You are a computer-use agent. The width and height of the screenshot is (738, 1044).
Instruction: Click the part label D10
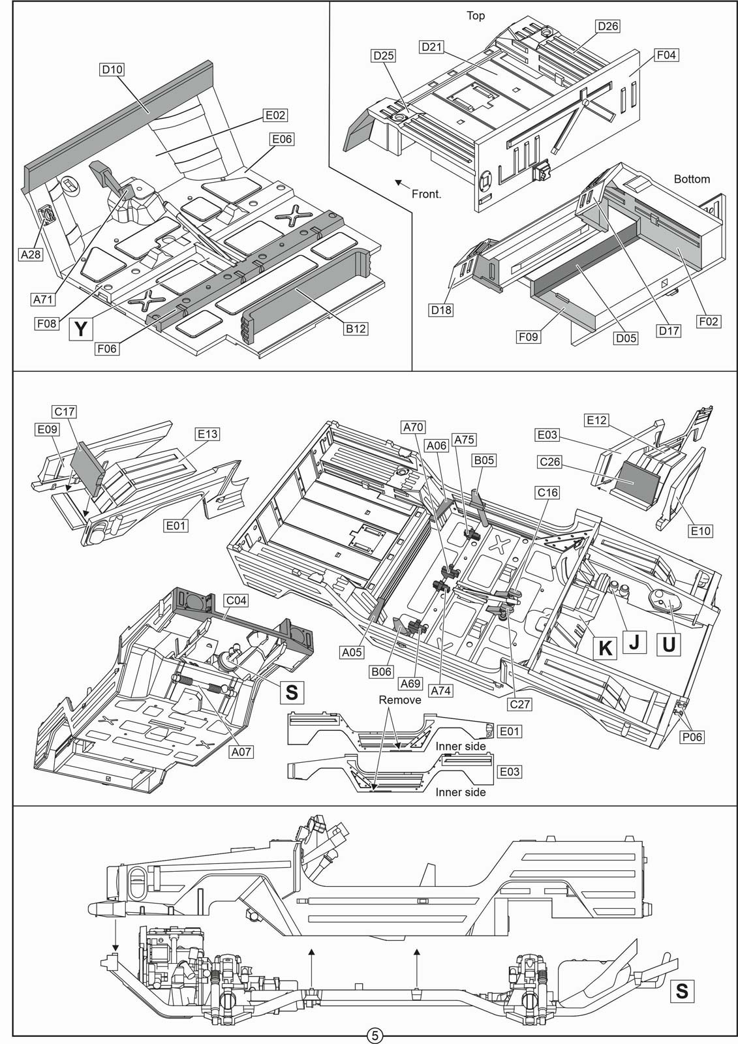point(112,69)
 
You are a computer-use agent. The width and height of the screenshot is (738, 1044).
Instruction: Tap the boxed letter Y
point(81,329)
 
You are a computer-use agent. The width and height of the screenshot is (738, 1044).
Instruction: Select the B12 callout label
point(355,329)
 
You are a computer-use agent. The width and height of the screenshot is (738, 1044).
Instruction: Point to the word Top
point(476,16)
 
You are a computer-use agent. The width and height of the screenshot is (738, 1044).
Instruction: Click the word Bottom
point(692,179)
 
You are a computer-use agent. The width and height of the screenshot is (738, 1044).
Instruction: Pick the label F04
point(666,55)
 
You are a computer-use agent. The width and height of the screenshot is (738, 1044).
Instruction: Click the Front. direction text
point(426,194)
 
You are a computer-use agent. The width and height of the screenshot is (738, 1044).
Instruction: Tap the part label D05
point(626,338)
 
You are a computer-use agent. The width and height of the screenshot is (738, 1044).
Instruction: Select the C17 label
point(65,412)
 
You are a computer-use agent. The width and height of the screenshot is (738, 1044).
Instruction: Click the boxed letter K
point(605,648)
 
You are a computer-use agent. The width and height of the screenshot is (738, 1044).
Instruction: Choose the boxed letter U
point(669,645)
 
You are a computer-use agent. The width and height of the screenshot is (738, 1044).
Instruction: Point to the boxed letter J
point(634,642)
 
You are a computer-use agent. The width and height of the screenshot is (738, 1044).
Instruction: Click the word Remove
point(399,700)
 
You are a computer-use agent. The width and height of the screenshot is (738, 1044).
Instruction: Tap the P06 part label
point(692,737)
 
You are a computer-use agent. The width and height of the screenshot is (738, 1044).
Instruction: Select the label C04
point(236,600)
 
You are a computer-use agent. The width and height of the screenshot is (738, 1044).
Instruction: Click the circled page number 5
point(375,1036)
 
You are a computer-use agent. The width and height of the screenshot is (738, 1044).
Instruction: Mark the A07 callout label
point(241,751)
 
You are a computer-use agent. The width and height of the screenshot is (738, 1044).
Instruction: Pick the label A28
point(31,254)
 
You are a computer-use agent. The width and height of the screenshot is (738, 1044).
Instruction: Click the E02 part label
point(275,115)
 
